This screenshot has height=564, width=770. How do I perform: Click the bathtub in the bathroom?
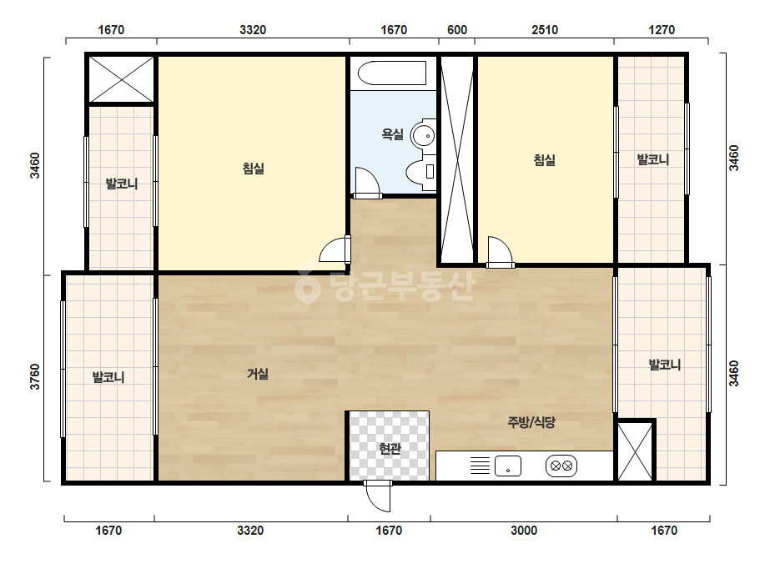[392, 73]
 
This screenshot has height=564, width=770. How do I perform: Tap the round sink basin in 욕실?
[423, 136]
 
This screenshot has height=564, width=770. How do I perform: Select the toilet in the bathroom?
[421, 172]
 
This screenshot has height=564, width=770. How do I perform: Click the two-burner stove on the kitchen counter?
[561, 466]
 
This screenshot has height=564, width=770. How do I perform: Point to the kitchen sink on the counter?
[508, 466]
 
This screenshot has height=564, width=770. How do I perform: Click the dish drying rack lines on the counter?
[480, 466]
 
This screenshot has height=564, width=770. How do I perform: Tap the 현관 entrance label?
[390, 448]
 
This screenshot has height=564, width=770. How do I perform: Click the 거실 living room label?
[258, 374]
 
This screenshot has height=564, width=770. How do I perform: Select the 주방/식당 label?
[531, 422]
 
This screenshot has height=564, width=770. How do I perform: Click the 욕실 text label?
[392, 133]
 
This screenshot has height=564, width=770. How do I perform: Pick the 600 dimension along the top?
[456, 30]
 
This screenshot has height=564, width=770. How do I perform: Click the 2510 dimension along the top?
[545, 30]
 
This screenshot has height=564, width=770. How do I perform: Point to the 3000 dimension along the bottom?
[523, 531]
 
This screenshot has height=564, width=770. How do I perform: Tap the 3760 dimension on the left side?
[35, 377]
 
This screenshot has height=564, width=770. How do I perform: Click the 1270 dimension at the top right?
[662, 30]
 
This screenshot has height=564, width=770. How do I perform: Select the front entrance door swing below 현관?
[378, 496]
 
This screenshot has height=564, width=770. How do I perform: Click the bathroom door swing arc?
[367, 182]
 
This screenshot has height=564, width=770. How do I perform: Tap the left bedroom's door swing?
[335, 249]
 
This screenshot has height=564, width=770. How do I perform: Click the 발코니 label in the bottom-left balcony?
[108, 377]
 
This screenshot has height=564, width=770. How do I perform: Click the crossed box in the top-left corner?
[121, 79]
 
